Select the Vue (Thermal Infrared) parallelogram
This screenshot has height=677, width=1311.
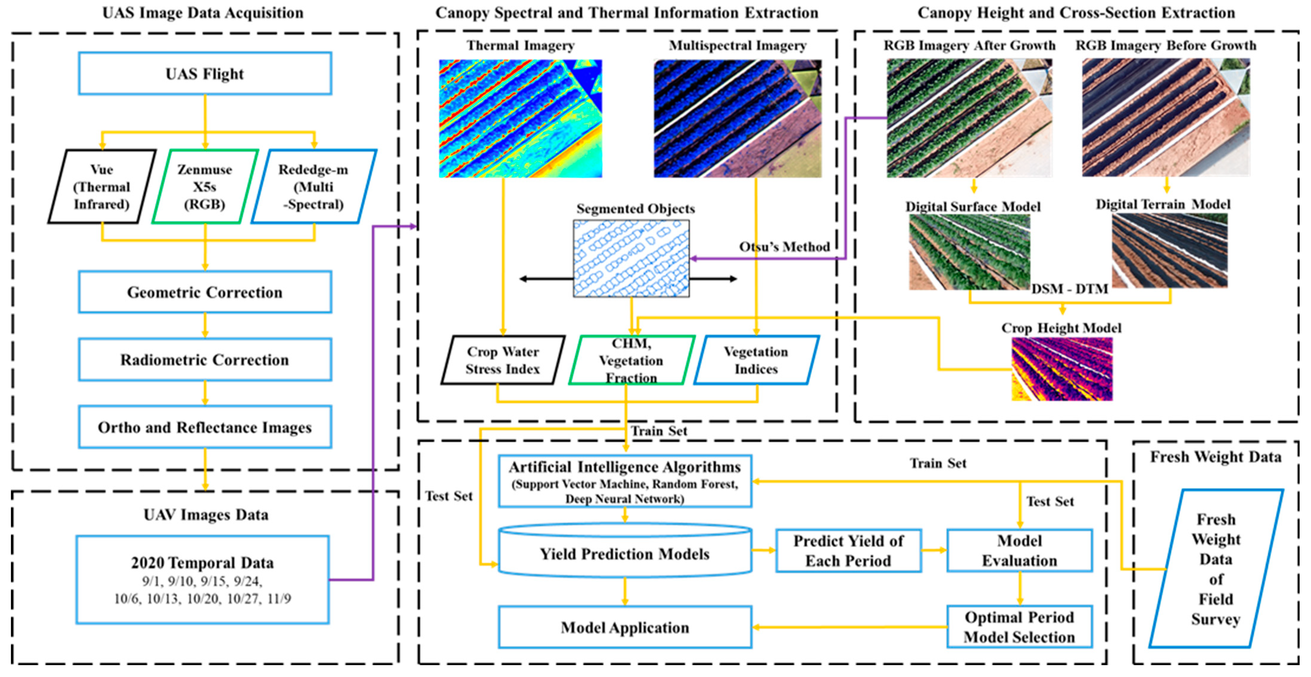[x=102, y=187]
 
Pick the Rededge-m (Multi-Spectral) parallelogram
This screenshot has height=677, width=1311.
[x=314, y=187]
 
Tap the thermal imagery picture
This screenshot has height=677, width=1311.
[x=520, y=118]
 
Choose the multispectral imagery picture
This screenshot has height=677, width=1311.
[x=738, y=118]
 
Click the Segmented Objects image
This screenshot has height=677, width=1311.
[x=631, y=259]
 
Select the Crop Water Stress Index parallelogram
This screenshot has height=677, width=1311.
[x=503, y=361]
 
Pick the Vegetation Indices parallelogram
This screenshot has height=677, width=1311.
[x=756, y=361]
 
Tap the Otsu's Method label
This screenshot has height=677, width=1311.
[x=784, y=247]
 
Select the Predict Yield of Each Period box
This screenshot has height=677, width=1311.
[x=848, y=551]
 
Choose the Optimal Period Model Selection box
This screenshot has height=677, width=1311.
[x=1020, y=627]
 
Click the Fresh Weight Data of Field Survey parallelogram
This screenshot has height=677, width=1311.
[x=1216, y=569]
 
